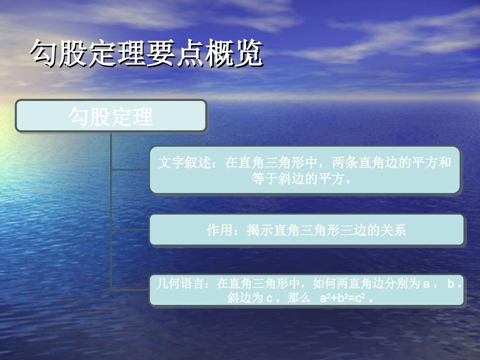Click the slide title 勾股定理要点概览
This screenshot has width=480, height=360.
point(147,53)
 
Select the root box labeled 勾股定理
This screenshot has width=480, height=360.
point(111,116)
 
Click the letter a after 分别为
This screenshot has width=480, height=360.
point(425,284)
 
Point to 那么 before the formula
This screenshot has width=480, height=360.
point(299,298)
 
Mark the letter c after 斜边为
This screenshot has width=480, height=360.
point(269,298)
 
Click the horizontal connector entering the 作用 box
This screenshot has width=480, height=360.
point(130,230)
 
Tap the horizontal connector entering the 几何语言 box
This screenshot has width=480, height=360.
point(130,290)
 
